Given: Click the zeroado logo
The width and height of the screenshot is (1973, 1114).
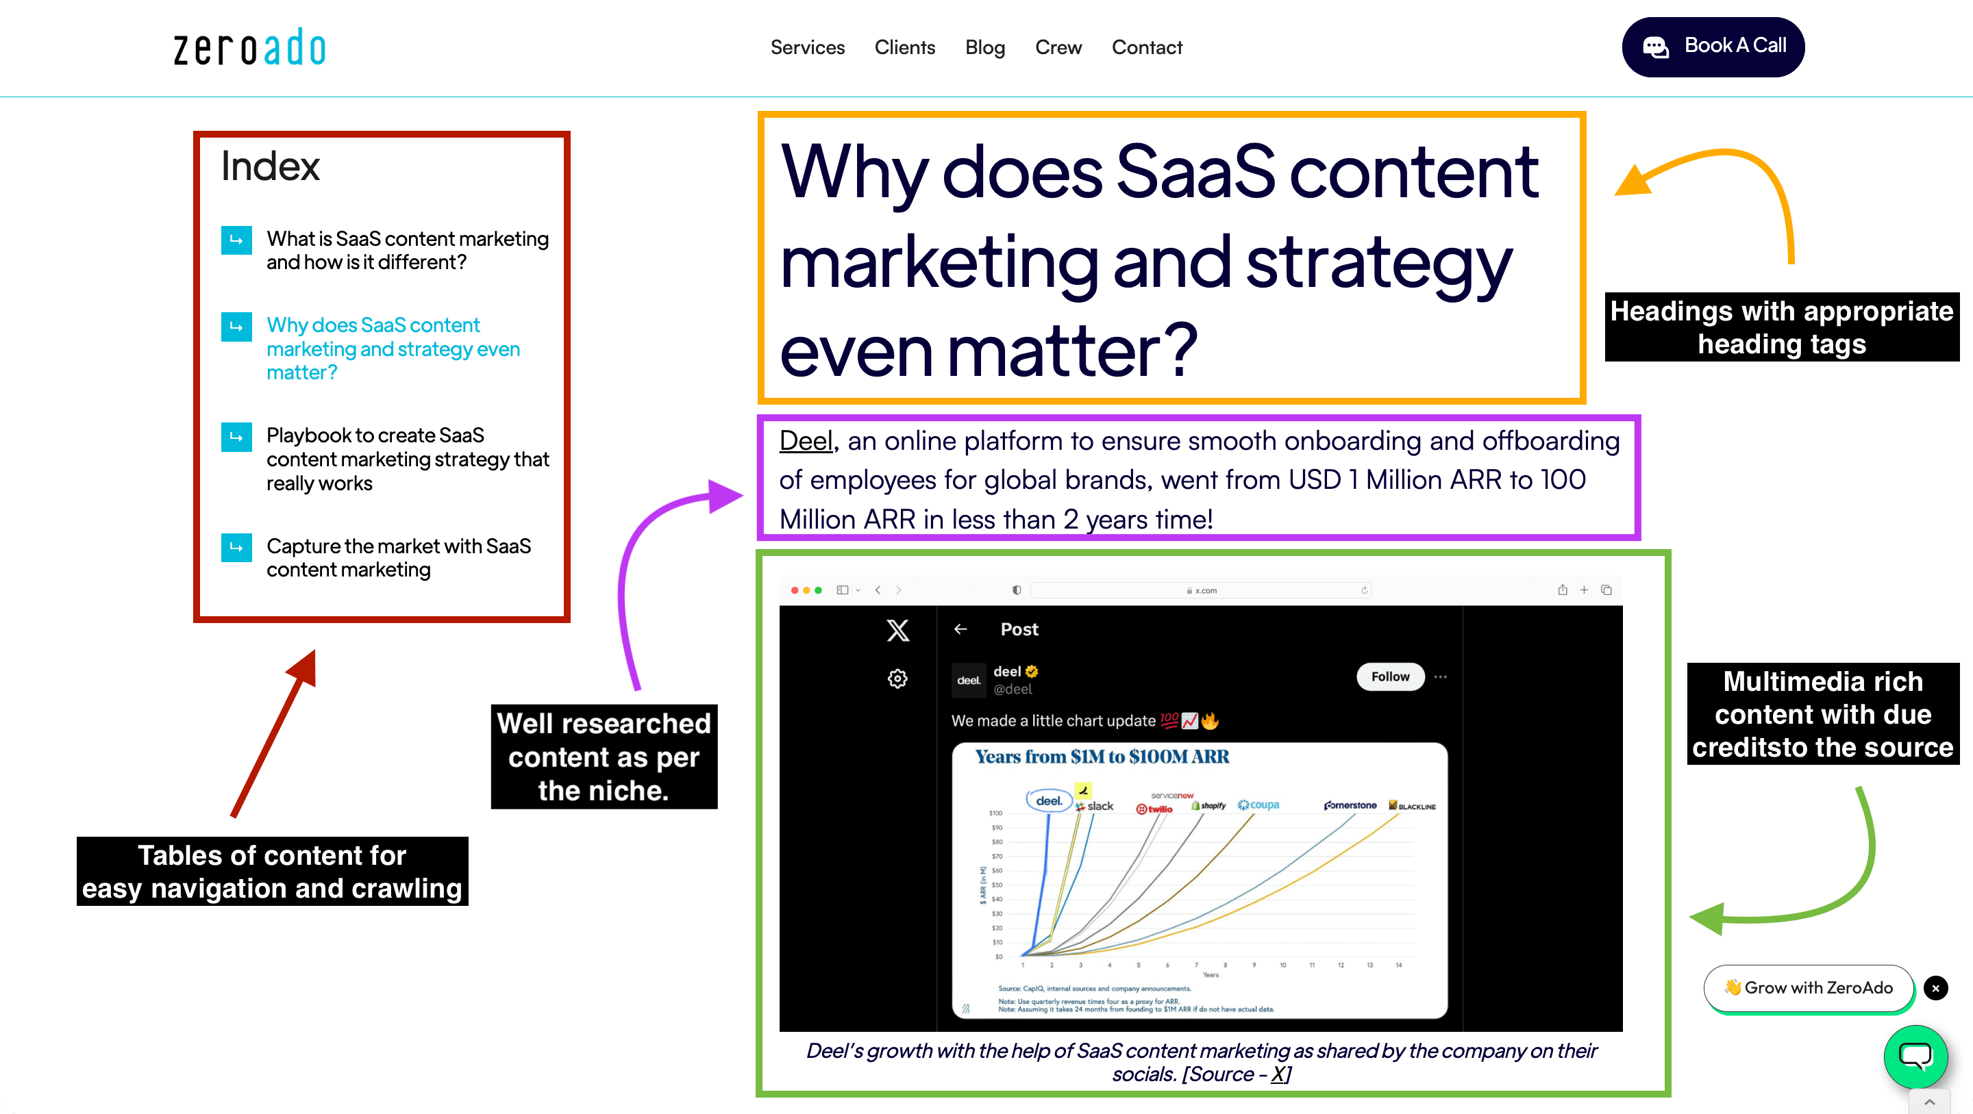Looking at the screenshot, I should pyautogui.click(x=249, y=47).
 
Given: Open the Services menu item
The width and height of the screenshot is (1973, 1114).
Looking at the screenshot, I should pyautogui.click(x=806, y=47).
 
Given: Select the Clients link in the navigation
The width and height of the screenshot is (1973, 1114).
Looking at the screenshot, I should pyautogui.click(x=904, y=47).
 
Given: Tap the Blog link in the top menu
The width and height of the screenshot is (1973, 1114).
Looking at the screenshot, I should pyautogui.click(x=984, y=47).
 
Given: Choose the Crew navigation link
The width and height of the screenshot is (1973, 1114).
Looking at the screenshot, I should pyautogui.click(x=1058, y=47).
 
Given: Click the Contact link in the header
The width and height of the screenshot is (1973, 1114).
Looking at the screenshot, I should pyautogui.click(x=1146, y=47).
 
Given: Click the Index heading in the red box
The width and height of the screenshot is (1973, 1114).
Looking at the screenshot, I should pyautogui.click(x=270, y=166).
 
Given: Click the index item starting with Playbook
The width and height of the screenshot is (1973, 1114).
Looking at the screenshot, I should pyautogui.click(x=407, y=459).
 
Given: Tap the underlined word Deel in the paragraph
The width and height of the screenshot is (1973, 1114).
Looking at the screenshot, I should pyautogui.click(x=804, y=441).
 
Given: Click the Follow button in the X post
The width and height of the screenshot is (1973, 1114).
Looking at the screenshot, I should pyautogui.click(x=1389, y=677).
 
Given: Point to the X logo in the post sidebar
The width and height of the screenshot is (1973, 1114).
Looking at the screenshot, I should pyautogui.click(x=897, y=631).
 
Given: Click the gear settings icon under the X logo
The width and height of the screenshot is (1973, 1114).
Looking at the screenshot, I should pyautogui.click(x=897, y=679).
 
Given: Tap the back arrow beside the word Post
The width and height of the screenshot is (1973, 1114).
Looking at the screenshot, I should pyautogui.click(x=960, y=629).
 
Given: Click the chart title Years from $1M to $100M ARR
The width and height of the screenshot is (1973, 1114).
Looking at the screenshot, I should pyautogui.click(x=1102, y=757).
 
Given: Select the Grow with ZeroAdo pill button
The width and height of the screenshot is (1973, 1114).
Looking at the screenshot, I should pyautogui.click(x=1808, y=987).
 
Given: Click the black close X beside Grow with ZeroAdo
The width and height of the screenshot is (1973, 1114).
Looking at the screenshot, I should pyautogui.click(x=1935, y=987).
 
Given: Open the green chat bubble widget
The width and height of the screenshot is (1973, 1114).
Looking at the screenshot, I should pyautogui.click(x=1915, y=1056).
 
